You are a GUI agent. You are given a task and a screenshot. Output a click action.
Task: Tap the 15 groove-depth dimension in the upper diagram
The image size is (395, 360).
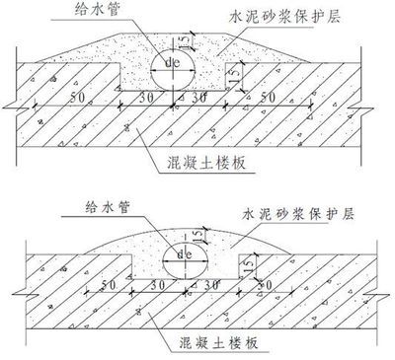point(238,78)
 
